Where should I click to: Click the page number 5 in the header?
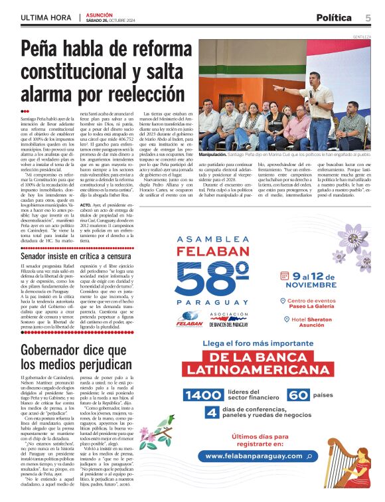click(x=367, y=17)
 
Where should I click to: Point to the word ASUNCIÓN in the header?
click(x=100, y=15)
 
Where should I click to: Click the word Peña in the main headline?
click(x=42, y=50)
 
